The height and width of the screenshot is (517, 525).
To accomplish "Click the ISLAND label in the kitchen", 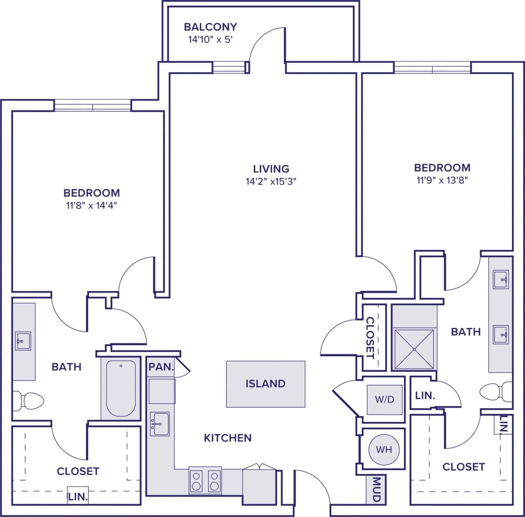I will pos(265,384).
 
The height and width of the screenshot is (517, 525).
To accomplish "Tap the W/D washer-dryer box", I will pos(384,399).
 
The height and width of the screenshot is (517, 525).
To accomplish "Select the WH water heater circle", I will pos(384,450).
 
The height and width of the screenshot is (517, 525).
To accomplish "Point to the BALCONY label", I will pos(210,27).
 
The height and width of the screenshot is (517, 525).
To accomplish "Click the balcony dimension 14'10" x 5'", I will pos(210,40).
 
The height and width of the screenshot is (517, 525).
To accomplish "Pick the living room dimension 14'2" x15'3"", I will pos(271,181).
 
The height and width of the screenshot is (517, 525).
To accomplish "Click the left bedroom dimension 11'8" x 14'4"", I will pos(92,206).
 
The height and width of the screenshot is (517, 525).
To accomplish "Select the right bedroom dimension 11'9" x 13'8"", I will pos(442,180).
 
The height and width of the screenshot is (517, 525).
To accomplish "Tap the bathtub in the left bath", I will pos(121,388).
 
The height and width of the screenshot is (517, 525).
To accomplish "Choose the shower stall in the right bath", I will pos(414,349).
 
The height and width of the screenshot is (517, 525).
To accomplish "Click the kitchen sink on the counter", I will pos(160,424).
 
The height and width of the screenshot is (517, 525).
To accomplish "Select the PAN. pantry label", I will pos(161,367).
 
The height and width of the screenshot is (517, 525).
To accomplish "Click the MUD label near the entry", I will pos(376,489).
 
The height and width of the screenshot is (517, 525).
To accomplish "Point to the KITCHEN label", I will pos(228,438).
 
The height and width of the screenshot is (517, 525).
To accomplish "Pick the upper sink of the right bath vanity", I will pos(501,279).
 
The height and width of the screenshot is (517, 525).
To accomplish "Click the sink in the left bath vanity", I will pos(23,341).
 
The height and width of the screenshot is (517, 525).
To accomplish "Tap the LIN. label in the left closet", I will pos(78,497).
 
